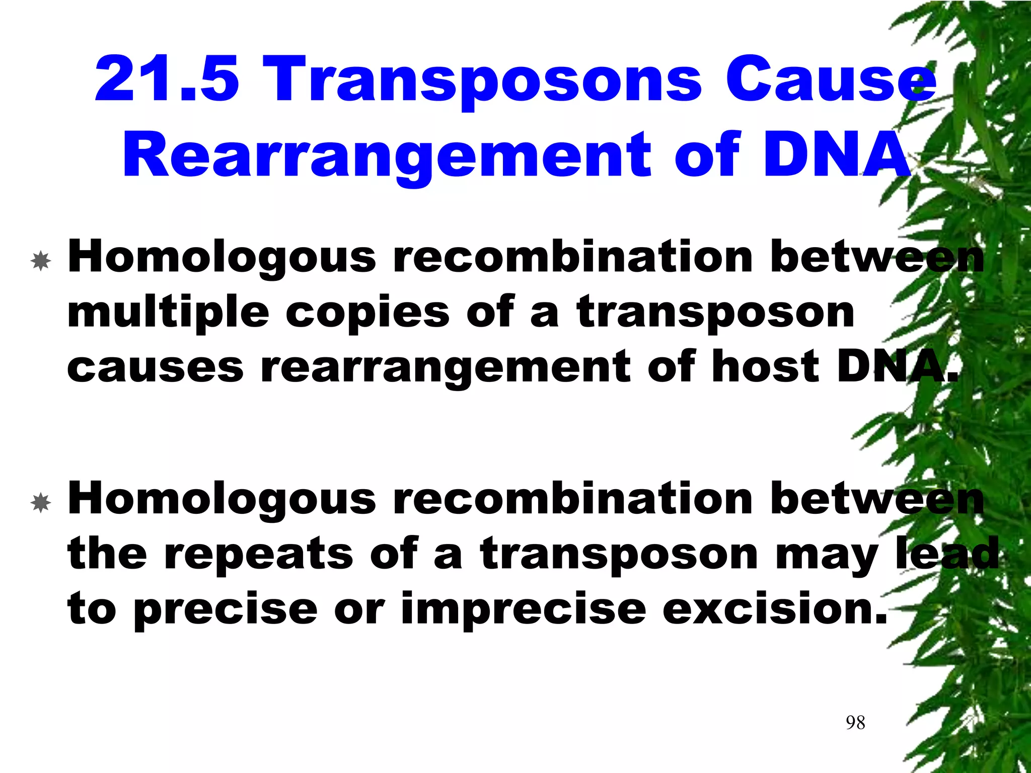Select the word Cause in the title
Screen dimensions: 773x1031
coord(830,81)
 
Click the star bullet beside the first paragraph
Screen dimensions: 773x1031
coord(40,261)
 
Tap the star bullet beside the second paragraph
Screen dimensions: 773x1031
coord(40,503)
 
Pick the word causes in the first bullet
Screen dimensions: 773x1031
coord(155,367)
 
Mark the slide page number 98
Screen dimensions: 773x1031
coord(855,723)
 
